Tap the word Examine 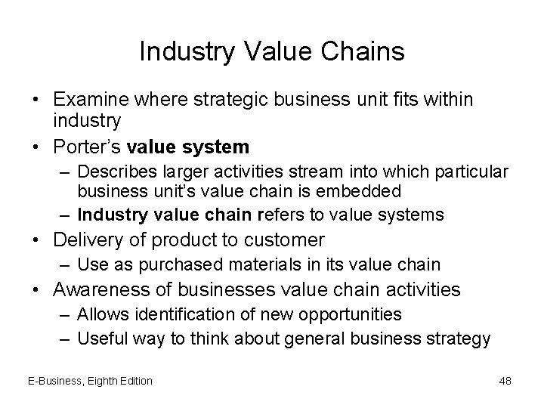tap(86, 100)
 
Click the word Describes tap(116, 174)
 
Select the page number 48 tap(505, 381)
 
